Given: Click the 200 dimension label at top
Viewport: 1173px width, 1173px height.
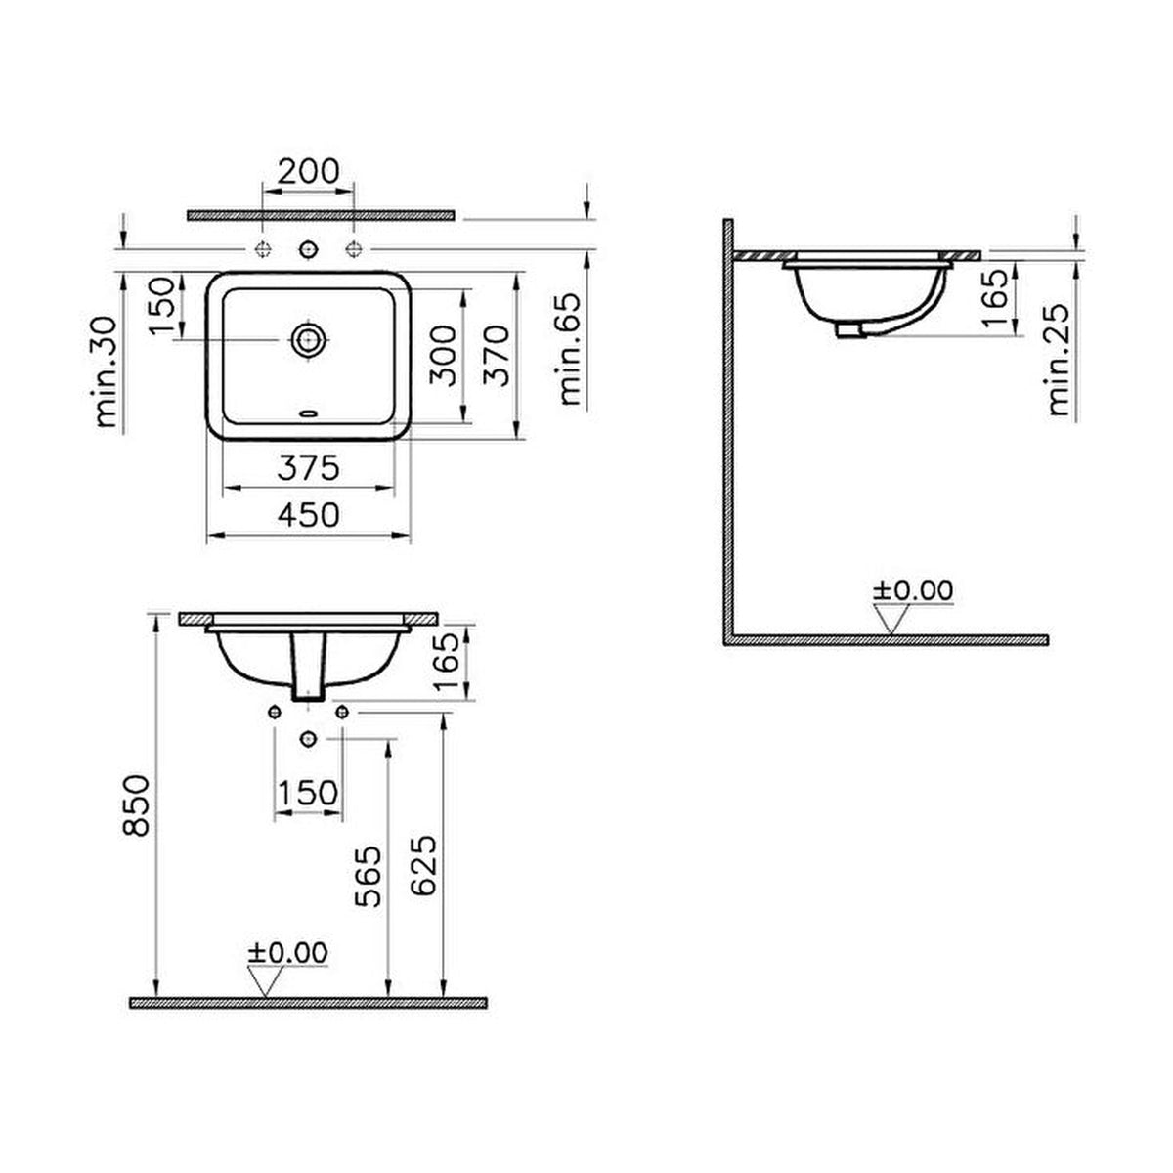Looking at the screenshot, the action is tap(309, 172).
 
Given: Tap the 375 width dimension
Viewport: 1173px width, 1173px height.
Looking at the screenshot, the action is tap(309, 468).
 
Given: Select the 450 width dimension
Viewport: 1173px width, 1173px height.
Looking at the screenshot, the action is tap(309, 515).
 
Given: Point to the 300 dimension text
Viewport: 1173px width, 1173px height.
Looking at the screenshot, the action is tap(443, 356).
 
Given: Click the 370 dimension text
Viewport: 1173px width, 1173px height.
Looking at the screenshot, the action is tap(497, 356).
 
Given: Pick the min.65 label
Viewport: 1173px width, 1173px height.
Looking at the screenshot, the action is tap(569, 349).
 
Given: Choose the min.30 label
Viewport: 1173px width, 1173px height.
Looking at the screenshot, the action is tap(106, 371).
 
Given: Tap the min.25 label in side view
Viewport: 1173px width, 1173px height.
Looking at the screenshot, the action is tap(1060, 359).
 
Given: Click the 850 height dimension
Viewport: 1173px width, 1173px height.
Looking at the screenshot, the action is tap(136, 805).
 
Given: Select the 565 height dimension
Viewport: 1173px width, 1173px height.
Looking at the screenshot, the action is tap(369, 877).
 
